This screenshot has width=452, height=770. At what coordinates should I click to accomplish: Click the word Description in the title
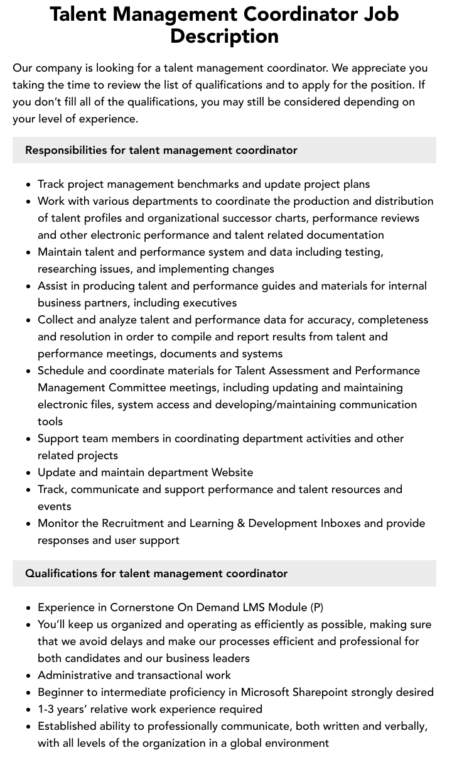224,36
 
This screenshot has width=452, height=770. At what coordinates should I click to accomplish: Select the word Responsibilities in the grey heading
66,150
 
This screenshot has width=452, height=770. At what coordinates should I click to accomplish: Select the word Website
232,472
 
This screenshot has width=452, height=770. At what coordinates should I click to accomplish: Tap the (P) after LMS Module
317,607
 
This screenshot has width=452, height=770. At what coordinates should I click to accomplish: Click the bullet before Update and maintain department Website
29,473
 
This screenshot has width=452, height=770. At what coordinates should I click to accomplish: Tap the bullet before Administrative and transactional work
29,676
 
